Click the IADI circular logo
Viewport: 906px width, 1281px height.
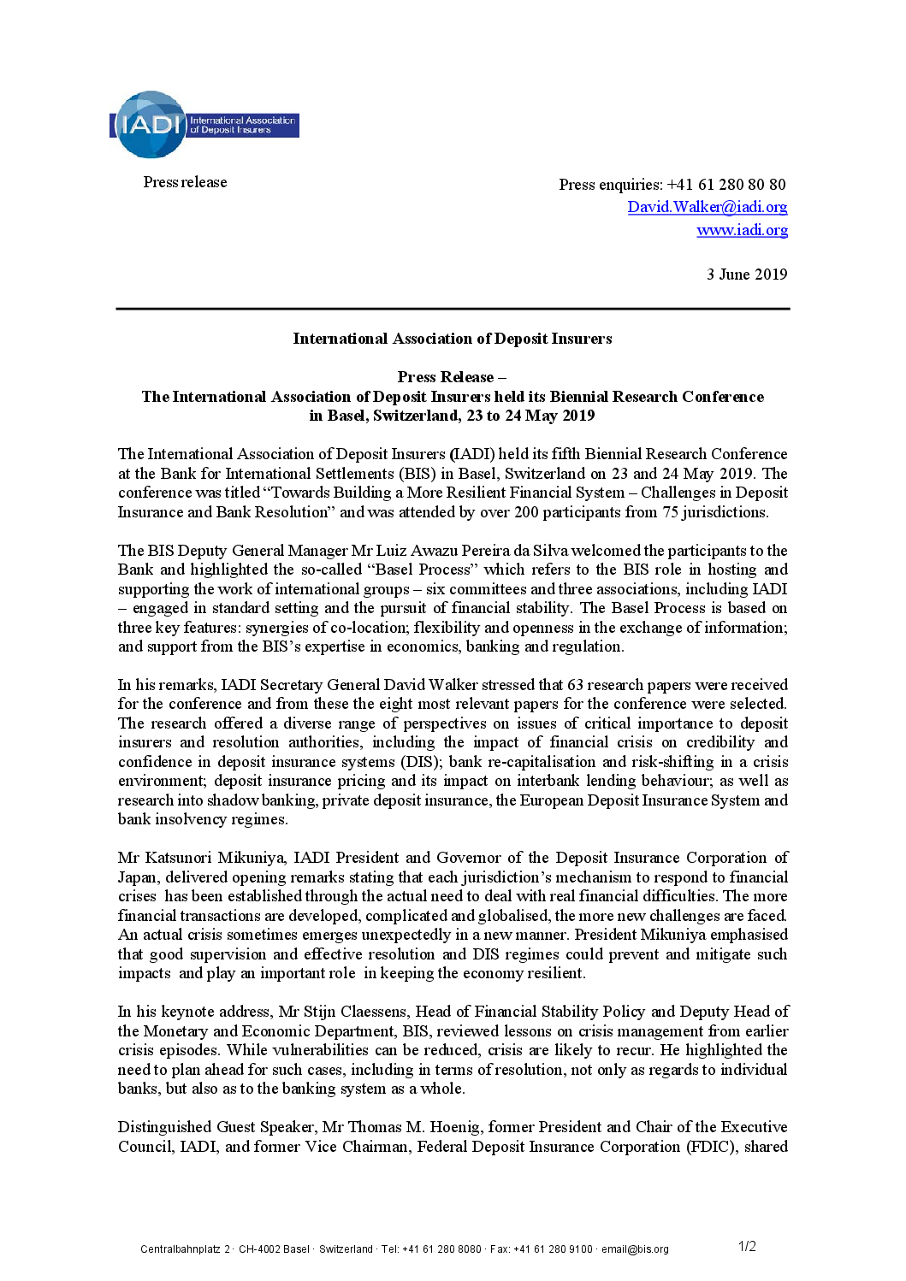(150, 125)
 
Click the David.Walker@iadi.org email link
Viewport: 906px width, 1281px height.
(707, 207)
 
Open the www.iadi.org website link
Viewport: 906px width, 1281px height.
(742, 230)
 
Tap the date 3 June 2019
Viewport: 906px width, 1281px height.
(746, 274)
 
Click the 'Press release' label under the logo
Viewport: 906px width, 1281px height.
(185, 182)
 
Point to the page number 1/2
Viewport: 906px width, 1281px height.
(747, 1247)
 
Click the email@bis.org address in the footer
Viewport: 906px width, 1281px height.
(635, 1249)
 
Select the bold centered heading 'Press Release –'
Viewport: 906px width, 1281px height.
(452, 377)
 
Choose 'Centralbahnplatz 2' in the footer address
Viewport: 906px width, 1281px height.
(185, 1249)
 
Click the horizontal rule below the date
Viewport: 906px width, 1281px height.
(453, 309)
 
